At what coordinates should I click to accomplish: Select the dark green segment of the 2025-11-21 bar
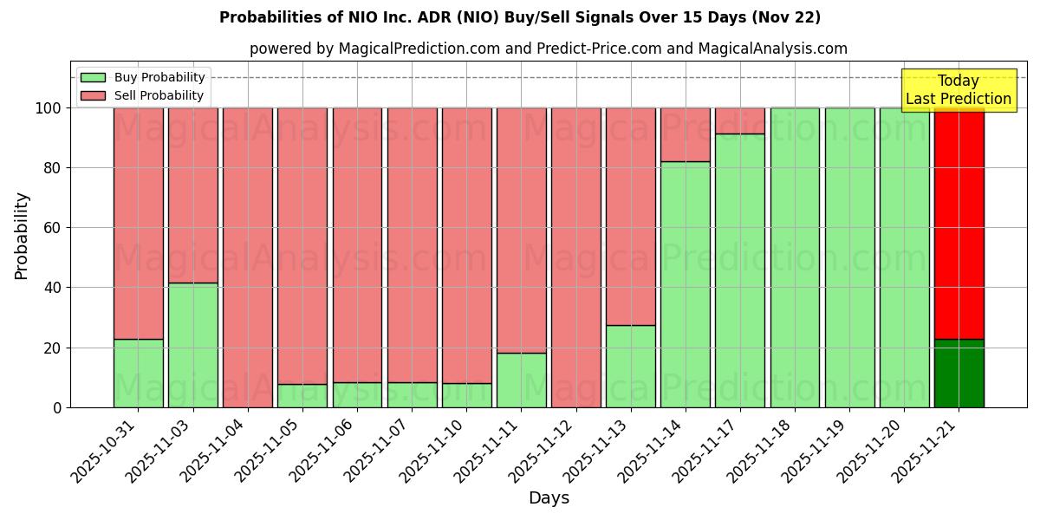coord(959,374)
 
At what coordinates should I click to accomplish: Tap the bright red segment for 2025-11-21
coord(959,223)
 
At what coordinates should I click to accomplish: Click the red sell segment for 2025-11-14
coord(685,134)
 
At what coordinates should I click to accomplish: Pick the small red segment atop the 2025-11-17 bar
coord(739,120)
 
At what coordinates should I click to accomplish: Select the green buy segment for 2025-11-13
coord(630,366)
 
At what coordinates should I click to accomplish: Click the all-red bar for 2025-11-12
coord(575,257)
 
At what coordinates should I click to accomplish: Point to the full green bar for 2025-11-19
coord(849,257)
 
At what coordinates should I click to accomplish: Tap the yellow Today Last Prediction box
coord(958,90)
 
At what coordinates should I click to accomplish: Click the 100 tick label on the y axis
coord(49,107)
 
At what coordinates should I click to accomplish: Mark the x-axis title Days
coord(549,498)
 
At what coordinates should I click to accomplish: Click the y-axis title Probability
coord(22,235)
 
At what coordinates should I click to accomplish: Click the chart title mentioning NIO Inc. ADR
coord(520,17)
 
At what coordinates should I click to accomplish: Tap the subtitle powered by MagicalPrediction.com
coord(548,49)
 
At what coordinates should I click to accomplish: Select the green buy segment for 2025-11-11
coord(521,380)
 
